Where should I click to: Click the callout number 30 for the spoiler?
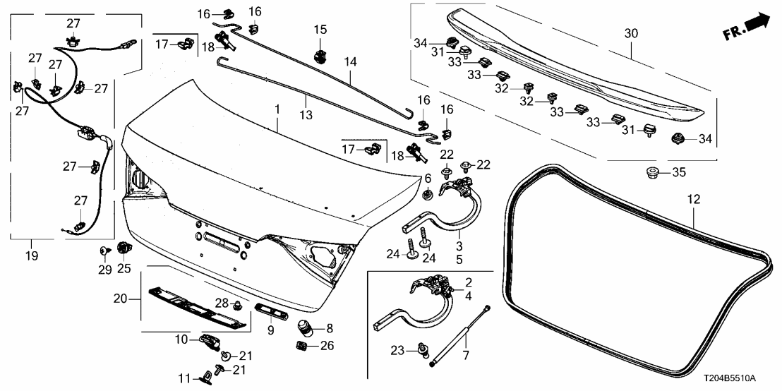point(630,32)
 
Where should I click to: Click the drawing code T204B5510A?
point(742,379)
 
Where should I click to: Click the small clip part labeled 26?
point(301,346)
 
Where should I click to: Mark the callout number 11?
point(182,379)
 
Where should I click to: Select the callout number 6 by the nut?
point(427,178)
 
